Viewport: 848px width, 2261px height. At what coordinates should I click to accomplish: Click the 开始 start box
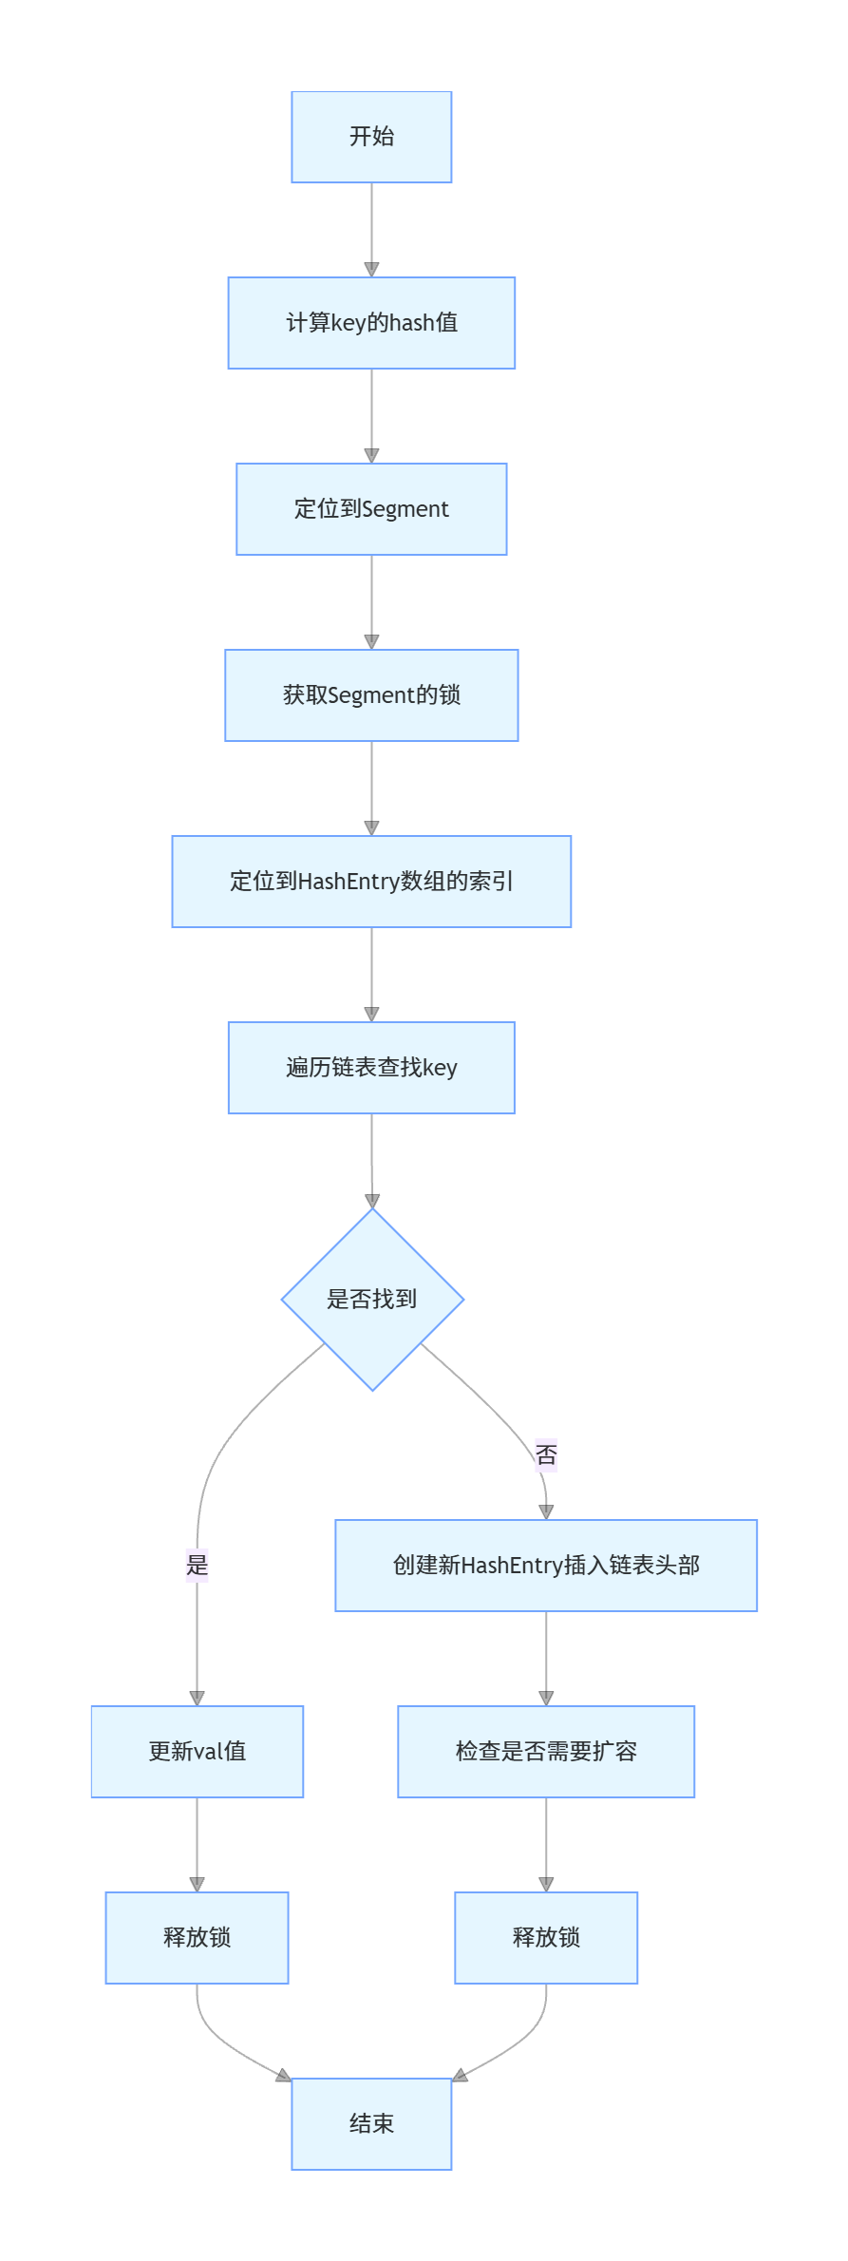[x=371, y=137]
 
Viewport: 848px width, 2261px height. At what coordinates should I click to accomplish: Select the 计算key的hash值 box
[x=371, y=323]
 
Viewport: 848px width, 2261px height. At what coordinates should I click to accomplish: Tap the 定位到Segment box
[x=371, y=509]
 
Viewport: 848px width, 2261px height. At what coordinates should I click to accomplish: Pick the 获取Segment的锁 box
[x=371, y=695]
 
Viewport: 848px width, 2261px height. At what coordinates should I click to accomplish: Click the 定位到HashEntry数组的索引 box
[x=371, y=882]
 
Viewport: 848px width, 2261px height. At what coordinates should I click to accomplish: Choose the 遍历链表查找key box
[x=371, y=1068]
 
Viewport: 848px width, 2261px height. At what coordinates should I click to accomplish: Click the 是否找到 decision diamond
[x=372, y=1300]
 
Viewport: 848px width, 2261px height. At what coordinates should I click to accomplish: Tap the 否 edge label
[x=546, y=1454]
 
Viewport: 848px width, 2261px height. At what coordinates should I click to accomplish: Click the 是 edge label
[x=197, y=1565]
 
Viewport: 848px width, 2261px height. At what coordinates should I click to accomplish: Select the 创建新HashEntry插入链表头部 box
[x=546, y=1566]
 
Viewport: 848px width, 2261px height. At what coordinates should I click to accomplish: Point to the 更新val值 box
[x=198, y=1752]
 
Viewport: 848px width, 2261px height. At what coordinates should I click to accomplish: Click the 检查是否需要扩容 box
[x=546, y=1752]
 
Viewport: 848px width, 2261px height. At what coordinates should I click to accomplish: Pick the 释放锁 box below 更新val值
[x=198, y=1938]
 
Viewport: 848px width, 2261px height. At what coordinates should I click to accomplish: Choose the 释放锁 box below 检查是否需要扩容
[x=546, y=1938]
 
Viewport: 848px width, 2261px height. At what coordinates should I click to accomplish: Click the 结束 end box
[x=371, y=2124]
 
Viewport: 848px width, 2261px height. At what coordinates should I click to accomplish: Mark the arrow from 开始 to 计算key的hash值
[x=371, y=230]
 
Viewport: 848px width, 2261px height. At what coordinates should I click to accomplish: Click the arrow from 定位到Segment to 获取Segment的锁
[x=371, y=602]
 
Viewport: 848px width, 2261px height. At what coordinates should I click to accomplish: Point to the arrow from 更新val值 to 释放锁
[x=198, y=1845]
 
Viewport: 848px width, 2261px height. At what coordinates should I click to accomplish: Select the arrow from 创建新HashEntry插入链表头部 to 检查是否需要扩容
[x=546, y=1659]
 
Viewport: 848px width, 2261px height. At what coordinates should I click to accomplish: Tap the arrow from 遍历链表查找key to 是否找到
[x=371, y=1161]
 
